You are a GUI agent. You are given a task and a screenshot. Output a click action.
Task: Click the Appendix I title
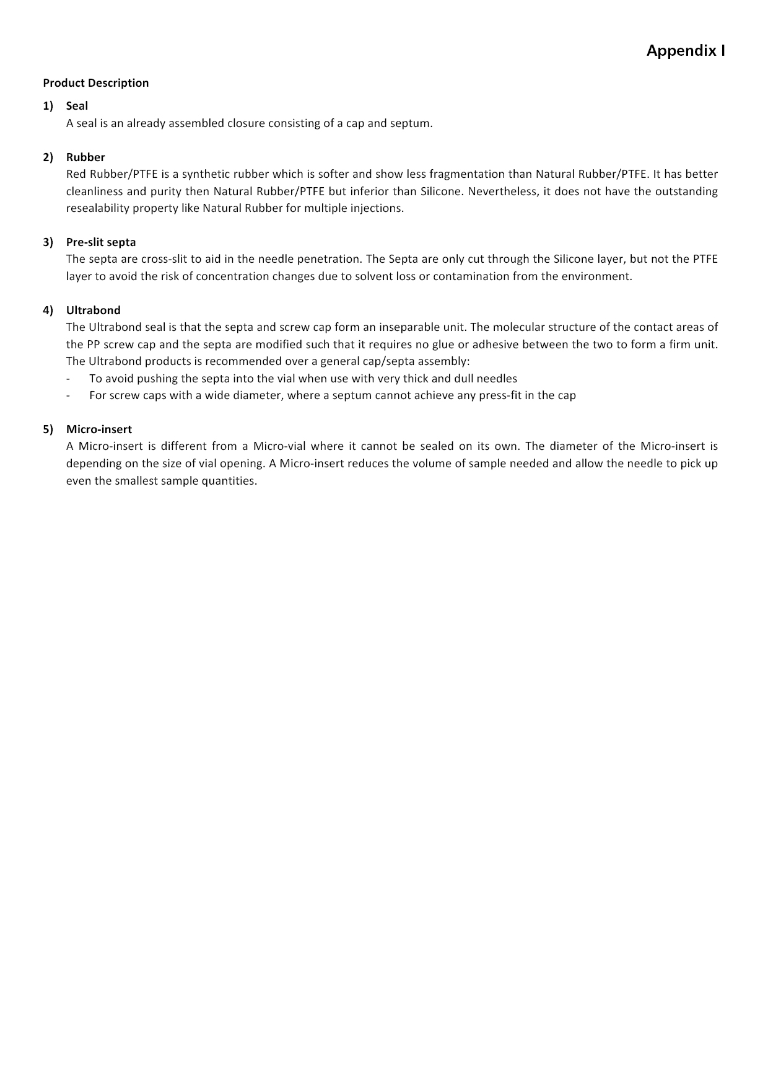[x=685, y=50]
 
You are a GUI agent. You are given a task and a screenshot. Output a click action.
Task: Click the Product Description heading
[x=96, y=83]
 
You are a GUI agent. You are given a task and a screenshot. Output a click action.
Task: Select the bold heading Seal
[x=77, y=106]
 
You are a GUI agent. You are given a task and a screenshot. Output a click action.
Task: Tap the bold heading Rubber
[x=85, y=157]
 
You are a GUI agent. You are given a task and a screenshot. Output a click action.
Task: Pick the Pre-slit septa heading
[x=101, y=242]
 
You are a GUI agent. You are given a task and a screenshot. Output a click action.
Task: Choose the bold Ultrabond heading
[x=94, y=310]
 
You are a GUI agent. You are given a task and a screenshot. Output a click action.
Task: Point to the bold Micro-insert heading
[x=99, y=429]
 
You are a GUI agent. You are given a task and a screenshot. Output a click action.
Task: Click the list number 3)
[x=48, y=242]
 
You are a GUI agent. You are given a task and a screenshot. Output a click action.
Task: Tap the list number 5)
[x=48, y=429]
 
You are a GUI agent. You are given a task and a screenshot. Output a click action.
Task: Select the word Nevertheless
[x=503, y=191]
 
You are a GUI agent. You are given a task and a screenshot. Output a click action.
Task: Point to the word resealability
[x=96, y=208]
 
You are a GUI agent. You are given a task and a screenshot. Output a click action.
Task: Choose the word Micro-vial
[x=279, y=446]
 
